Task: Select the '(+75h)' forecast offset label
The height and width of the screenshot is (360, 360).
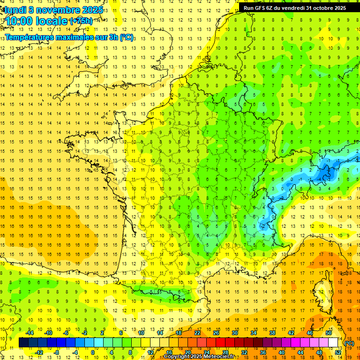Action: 81,21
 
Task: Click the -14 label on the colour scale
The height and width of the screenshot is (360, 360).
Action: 30,333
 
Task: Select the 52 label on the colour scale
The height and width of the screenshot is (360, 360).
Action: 337,352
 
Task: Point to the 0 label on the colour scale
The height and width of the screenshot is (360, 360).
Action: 92,352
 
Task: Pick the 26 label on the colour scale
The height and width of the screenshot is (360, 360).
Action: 216,333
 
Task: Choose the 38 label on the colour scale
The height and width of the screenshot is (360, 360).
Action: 272,333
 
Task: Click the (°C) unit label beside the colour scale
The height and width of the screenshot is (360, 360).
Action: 349,343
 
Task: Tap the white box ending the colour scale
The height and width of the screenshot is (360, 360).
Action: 333,343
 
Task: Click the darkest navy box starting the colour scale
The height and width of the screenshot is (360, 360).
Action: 23,343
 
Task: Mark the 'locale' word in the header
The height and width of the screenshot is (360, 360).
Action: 50,21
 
